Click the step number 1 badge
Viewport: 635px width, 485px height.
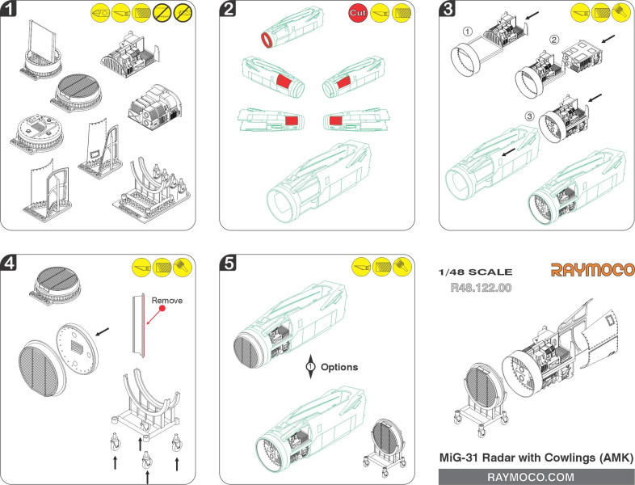(10, 11)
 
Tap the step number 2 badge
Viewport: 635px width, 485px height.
(229, 11)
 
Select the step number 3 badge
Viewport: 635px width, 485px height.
(448, 11)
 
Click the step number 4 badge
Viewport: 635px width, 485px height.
(10, 264)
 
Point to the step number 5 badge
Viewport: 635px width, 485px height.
(229, 264)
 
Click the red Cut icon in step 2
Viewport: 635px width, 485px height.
(358, 13)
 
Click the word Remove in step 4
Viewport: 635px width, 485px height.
(168, 300)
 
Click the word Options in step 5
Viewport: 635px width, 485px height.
(339, 367)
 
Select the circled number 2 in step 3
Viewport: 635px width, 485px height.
(554, 40)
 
